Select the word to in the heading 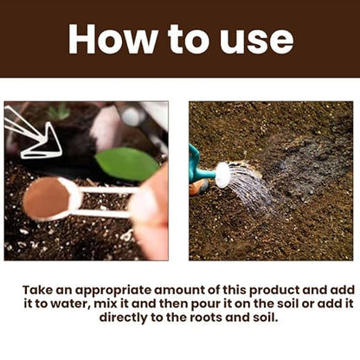pos(189,40)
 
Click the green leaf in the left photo pos(127,164)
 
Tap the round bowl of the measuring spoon pos(51,199)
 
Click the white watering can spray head pos(222,175)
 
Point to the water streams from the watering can pos(248,188)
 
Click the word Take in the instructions pos(38,290)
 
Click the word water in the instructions pos(68,304)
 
